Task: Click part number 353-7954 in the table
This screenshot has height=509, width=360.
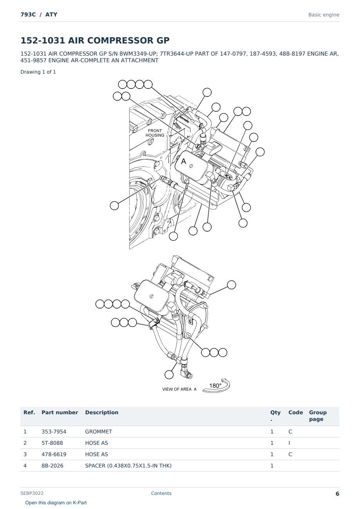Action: pyautogui.click(x=54, y=431)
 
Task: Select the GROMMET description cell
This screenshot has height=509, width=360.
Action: pyautogui.click(x=99, y=431)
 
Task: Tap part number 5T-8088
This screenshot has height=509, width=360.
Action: pyautogui.click(x=52, y=443)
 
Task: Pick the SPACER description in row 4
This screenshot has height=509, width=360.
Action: pyautogui.click(x=128, y=466)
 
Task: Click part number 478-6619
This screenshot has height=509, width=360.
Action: pyautogui.click(x=54, y=454)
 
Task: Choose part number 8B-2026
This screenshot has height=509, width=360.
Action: pyautogui.click(x=52, y=466)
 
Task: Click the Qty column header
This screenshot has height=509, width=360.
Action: pyautogui.click(x=275, y=415)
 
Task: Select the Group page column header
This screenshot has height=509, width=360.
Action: pyautogui.click(x=318, y=415)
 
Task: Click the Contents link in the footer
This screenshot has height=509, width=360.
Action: pyautogui.click(x=161, y=493)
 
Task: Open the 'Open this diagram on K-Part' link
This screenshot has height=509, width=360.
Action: pyautogui.click(x=56, y=503)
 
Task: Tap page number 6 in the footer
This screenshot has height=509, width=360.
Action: pyautogui.click(x=337, y=494)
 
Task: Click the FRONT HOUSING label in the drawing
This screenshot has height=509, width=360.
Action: pyautogui.click(x=155, y=133)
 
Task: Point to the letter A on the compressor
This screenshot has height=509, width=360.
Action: pyautogui.click(x=184, y=161)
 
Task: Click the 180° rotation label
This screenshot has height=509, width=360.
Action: pyautogui.click(x=215, y=386)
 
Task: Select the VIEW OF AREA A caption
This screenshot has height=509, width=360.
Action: pyautogui.click(x=179, y=389)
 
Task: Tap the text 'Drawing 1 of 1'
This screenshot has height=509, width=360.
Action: pyautogui.click(x=38, y=72)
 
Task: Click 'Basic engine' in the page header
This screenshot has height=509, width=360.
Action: pyautogui.click(x=324, y=15)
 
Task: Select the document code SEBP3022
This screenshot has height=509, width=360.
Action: pyautogui.click(x=32, y=493)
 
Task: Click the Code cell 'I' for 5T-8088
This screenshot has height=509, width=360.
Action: pyautogui.click(x=289, y=443)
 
